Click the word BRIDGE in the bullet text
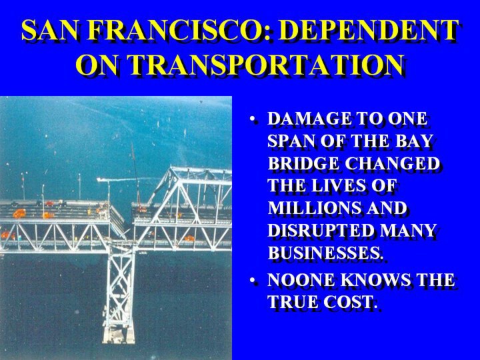[x=303, y=163]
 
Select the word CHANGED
[x=393, y=163]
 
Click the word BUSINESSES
[x=325, y=253]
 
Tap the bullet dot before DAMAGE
[x=253, y=119]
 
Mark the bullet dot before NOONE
[x=253, y=281]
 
